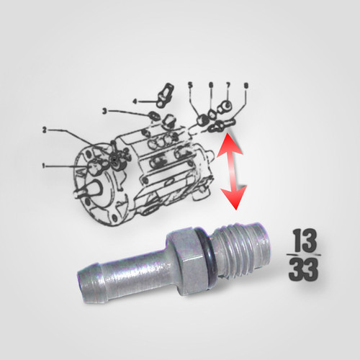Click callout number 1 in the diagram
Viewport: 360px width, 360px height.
(44, 166)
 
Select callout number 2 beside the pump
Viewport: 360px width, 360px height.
(45, 130)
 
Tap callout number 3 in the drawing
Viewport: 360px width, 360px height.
(104, 111)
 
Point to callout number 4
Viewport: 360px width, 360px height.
(135, 102)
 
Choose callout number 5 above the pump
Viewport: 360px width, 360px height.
(190, 85)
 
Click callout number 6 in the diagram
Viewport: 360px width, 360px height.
(210, 85)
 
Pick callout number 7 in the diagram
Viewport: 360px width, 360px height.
(228, 85)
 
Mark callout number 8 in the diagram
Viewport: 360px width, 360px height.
(247, 86)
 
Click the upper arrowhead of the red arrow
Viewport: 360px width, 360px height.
(224, 148)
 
